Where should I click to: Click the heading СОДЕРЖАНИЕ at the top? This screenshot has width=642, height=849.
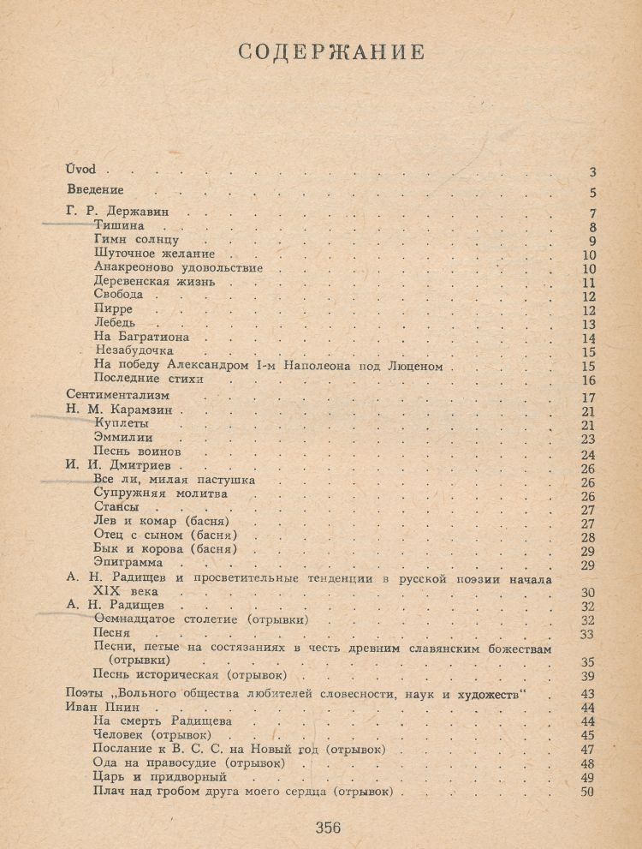pyautogui.click(x=330, y=51)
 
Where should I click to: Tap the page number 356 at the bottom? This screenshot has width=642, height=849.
pyautogui.click(x=328, y=827)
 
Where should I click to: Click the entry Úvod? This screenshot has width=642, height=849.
pyautogui.click(x=80, y=170)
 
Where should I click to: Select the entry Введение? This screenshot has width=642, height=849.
pyautogui.click(x=95, y=189)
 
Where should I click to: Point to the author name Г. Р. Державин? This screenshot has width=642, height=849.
pyautogui.click(x=124, y=213)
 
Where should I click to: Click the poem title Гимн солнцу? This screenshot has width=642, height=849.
pyautogui.click(x=136, y=241)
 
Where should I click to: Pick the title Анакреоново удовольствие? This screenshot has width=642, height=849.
pyautogui.click(x=178, y=267)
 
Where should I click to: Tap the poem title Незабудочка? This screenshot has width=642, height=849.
pyautogui.click(x=134, y=350)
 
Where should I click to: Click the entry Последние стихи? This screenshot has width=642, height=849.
pyautogui.click(x=149, y=378)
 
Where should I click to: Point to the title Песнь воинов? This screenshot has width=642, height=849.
pyautogui.click(x=137, y=451)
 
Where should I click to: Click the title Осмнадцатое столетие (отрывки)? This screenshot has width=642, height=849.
pyautogui.click(x=201, y=619)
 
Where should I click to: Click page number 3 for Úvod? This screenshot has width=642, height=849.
pyautogui.click(x=592, y=172)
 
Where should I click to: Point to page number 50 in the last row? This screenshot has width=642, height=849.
pyautogui.click(x=587, y=792)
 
